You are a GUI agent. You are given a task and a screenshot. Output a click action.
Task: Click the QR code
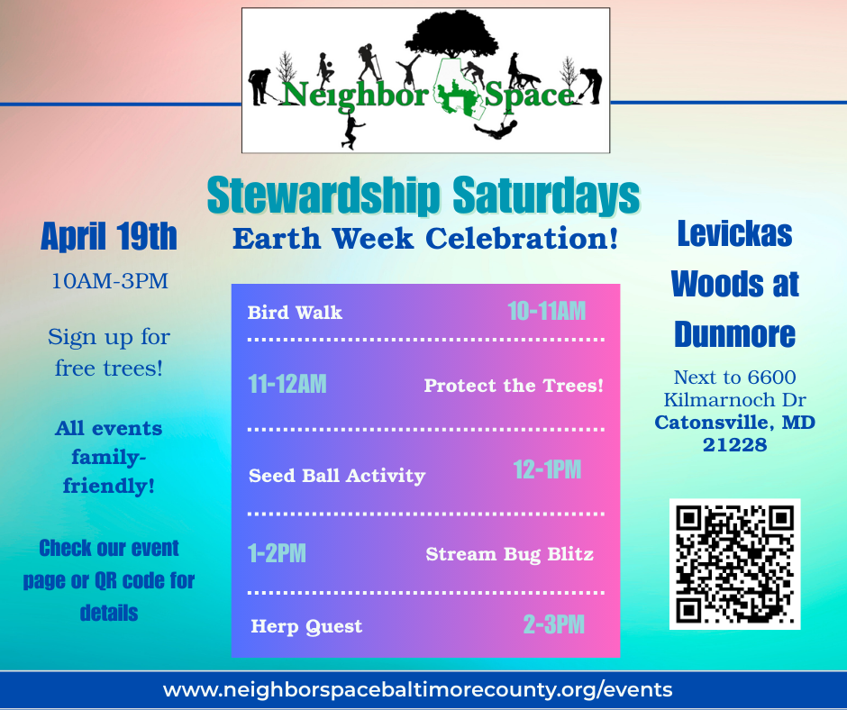coord(734,564)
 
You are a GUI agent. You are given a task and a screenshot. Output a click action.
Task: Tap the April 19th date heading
coord(109,236)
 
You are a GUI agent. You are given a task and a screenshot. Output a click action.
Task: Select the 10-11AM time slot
coord(547,311)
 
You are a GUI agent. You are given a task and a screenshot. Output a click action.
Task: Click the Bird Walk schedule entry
coord(295,313)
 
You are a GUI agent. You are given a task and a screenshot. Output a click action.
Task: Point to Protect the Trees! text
coord(514,386)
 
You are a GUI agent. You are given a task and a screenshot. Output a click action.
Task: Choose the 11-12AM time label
coord(287,384)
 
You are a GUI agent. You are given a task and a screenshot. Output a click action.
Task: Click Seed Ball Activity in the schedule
coord(336,476)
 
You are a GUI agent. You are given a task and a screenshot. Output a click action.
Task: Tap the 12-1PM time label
coord(547,469)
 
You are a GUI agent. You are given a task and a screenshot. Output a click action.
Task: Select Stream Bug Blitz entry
coord(509,554)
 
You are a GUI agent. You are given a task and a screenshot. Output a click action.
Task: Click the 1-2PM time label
coord(277,553)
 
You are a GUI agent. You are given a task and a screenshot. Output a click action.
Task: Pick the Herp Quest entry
coord(306,626)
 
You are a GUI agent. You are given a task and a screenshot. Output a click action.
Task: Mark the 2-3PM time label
coord(553,624)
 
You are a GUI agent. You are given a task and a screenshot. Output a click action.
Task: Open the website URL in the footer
coord(417,690)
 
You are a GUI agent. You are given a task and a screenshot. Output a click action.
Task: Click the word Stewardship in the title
coord(323,195)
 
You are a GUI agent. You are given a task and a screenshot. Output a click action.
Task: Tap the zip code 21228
coord(734,445)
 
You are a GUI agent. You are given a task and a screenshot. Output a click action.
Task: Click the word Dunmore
coord(734,334)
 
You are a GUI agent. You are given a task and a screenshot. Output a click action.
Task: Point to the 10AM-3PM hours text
coord(110,281)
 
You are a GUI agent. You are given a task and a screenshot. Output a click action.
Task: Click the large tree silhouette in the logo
coord(451,33)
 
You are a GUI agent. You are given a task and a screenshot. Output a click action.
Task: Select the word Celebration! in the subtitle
coord(522,238)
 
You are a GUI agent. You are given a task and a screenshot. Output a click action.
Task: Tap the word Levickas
coord(734,233)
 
